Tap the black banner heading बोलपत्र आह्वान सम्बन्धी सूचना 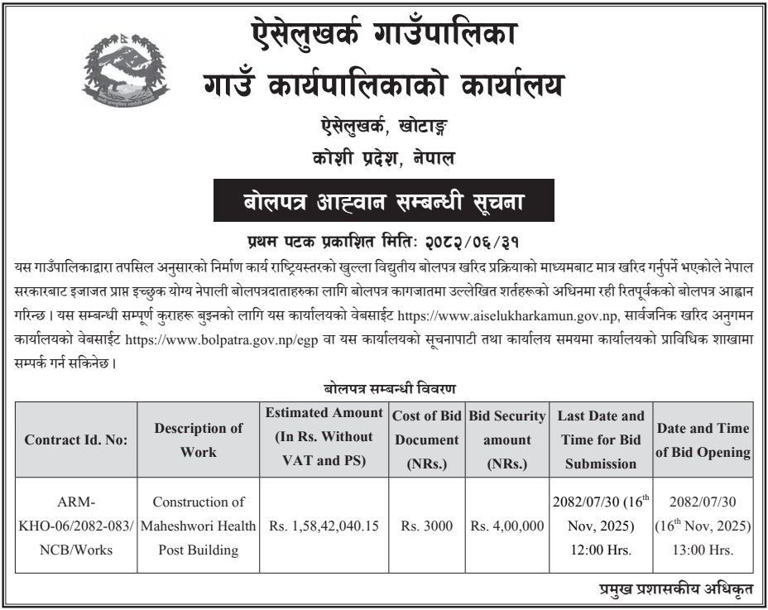click(383, 201)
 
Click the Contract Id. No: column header click(76, 439)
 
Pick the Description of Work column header click(199, 439)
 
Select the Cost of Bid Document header click(427, 439)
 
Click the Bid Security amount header click(507, 439)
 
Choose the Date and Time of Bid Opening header click(703, 439)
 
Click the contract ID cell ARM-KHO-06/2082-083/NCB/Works click(76, 526)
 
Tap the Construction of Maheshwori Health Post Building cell click(199, 526)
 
